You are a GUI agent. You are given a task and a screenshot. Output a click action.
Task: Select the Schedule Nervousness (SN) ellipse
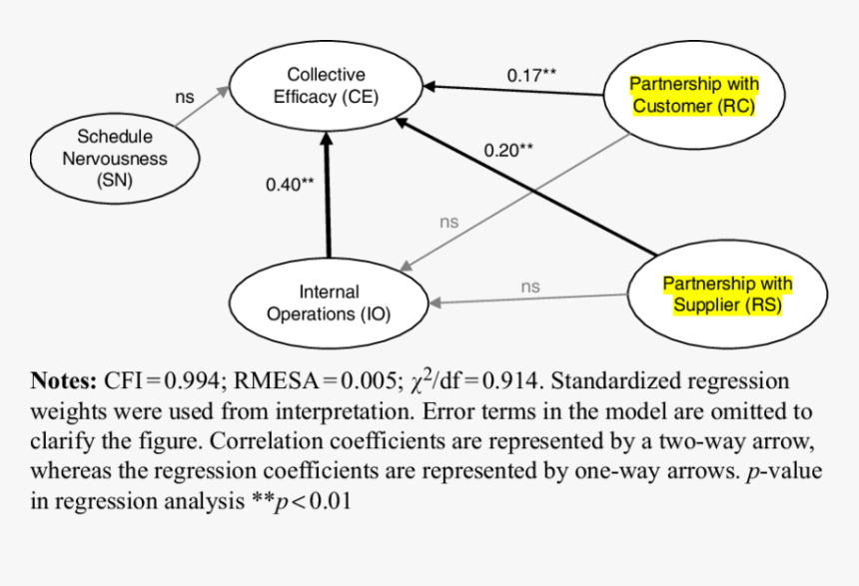click(115, 158)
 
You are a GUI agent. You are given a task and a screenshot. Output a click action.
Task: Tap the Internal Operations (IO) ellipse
click(329, 302)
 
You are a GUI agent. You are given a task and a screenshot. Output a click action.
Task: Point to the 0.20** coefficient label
click(508, 150)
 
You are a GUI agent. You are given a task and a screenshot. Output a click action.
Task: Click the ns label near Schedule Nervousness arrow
click(185, 97)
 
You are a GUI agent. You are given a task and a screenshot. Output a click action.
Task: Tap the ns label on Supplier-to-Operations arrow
click(530, 287)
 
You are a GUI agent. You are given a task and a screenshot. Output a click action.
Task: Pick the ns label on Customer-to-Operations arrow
click(449, 222)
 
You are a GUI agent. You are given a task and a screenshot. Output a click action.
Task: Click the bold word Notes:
click(63, 380)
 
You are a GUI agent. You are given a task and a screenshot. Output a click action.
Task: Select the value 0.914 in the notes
click(511, 380)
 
